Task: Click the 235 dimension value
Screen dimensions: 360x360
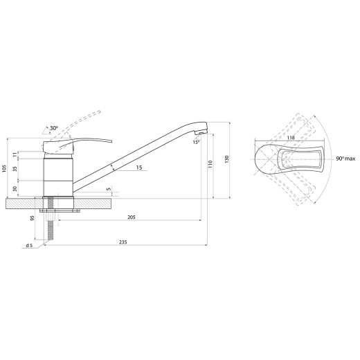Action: click(x=123, y=242)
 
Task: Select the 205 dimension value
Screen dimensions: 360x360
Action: click(x=132, y=217)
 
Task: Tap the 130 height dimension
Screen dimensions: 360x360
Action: click(x=226, y=159)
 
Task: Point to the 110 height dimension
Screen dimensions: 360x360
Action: click(x=210, y=164)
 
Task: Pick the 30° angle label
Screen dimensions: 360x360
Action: click(x=54, y=128)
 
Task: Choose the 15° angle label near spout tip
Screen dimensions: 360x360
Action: click(x=196, y=142)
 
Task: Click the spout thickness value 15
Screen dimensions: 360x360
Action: click(x=139, y=168)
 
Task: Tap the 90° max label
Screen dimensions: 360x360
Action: click(x=345, y=159)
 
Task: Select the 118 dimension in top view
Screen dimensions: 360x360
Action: click(x=291, y=138)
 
